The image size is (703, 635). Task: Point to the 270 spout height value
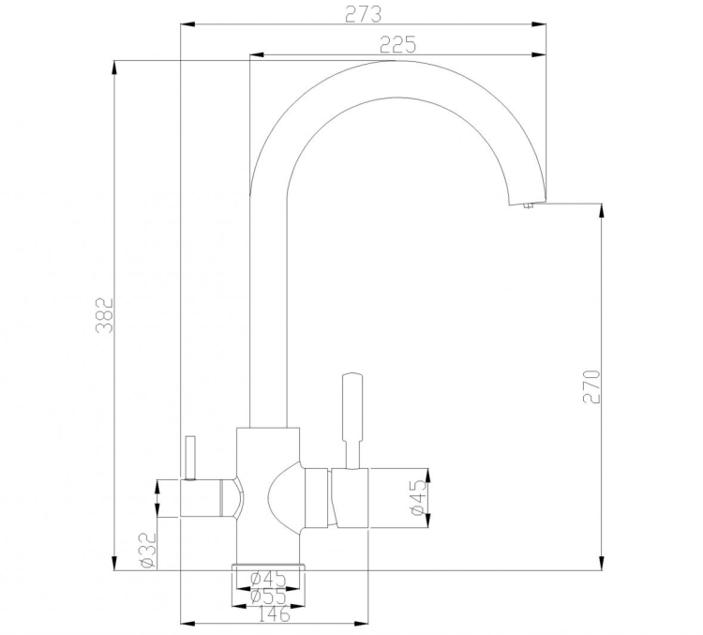pyautogui.click(x=591, y=386)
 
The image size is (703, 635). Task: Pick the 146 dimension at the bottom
pyautogui.click(x=271, y=614)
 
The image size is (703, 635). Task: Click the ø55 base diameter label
pyautogui.click(x=268, y=596)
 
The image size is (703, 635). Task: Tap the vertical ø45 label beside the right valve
pyautogui.click(x=418, y=497)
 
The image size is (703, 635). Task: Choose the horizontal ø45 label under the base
pyautogui.click(x=268, y=578)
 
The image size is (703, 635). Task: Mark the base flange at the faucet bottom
pyautogui.click(x=269, y=566)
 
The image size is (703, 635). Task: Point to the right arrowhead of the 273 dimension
pyautogui.click(x=541, y=24)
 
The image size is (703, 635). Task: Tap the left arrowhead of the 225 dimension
pyautogui.click(x=255, y=55)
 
